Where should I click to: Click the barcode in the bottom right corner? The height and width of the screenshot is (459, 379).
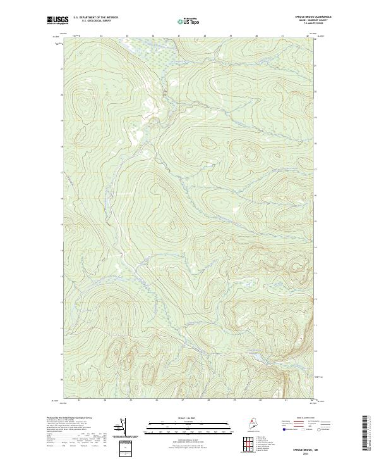(366, 435)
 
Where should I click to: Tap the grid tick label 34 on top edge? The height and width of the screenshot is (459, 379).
(101, 36)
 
